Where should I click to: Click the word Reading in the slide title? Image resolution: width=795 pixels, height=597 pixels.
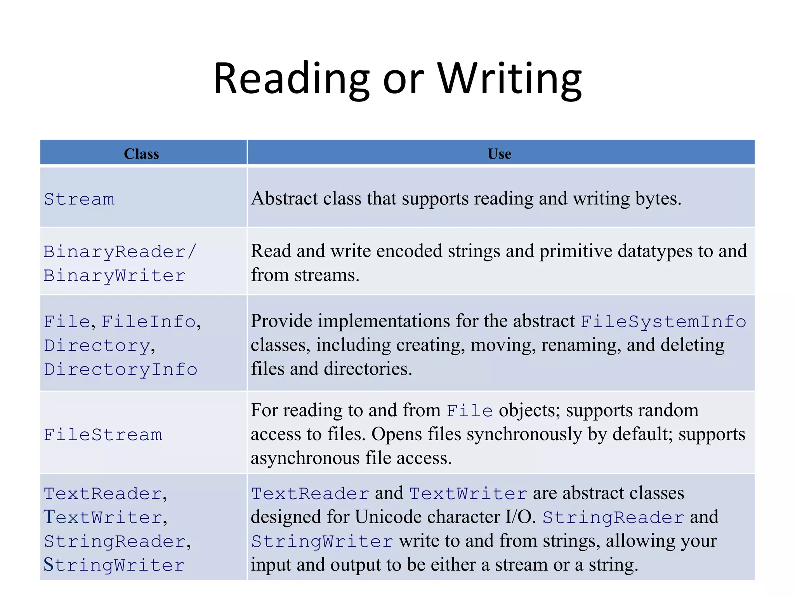pos(292,79)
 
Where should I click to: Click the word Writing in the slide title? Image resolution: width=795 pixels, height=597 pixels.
pos(510,79)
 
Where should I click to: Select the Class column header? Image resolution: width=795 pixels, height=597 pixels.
pos(141,154)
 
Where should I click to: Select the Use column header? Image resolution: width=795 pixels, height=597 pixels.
pos(499,154)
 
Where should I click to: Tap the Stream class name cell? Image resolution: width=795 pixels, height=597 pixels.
pos(79,199)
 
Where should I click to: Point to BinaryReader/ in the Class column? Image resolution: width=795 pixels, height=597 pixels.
pos(120,252)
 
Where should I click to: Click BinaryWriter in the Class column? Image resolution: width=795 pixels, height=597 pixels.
pos(115,276)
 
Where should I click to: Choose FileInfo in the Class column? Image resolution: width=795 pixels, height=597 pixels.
pos(148,322)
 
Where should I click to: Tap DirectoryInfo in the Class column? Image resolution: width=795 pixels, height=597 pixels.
pos(120,370)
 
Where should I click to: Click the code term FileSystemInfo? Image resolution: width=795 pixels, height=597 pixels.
pos(663,322)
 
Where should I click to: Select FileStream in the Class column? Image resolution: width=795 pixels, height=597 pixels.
pos(103,435)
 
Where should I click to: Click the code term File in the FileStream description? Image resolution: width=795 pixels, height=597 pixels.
pos(470,411)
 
